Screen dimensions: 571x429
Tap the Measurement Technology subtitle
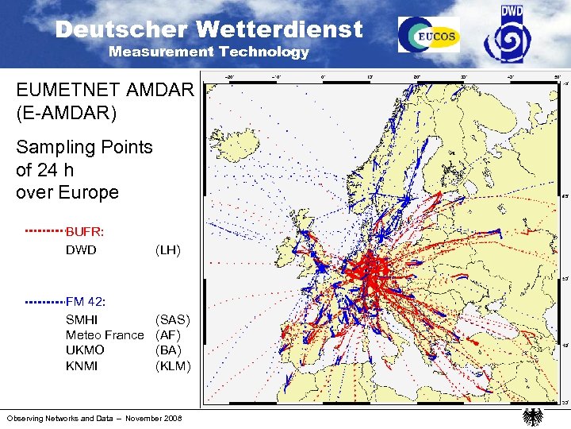(x=209, y=52)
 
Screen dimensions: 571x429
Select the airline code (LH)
(x=168, y=250)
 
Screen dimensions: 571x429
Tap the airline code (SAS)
(x=173, y=319)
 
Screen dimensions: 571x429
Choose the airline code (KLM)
(x=173, y=365)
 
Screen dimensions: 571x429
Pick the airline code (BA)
(x=168, y=350)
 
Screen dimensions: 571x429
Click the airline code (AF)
(x=168, y=335)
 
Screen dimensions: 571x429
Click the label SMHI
(x=82, y=319)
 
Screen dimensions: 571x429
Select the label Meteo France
(x=105, y=335)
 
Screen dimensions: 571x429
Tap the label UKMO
(x=85, y=350)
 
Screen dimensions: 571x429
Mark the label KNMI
(x=82, y=365)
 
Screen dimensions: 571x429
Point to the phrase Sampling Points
(x=84, y=147)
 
